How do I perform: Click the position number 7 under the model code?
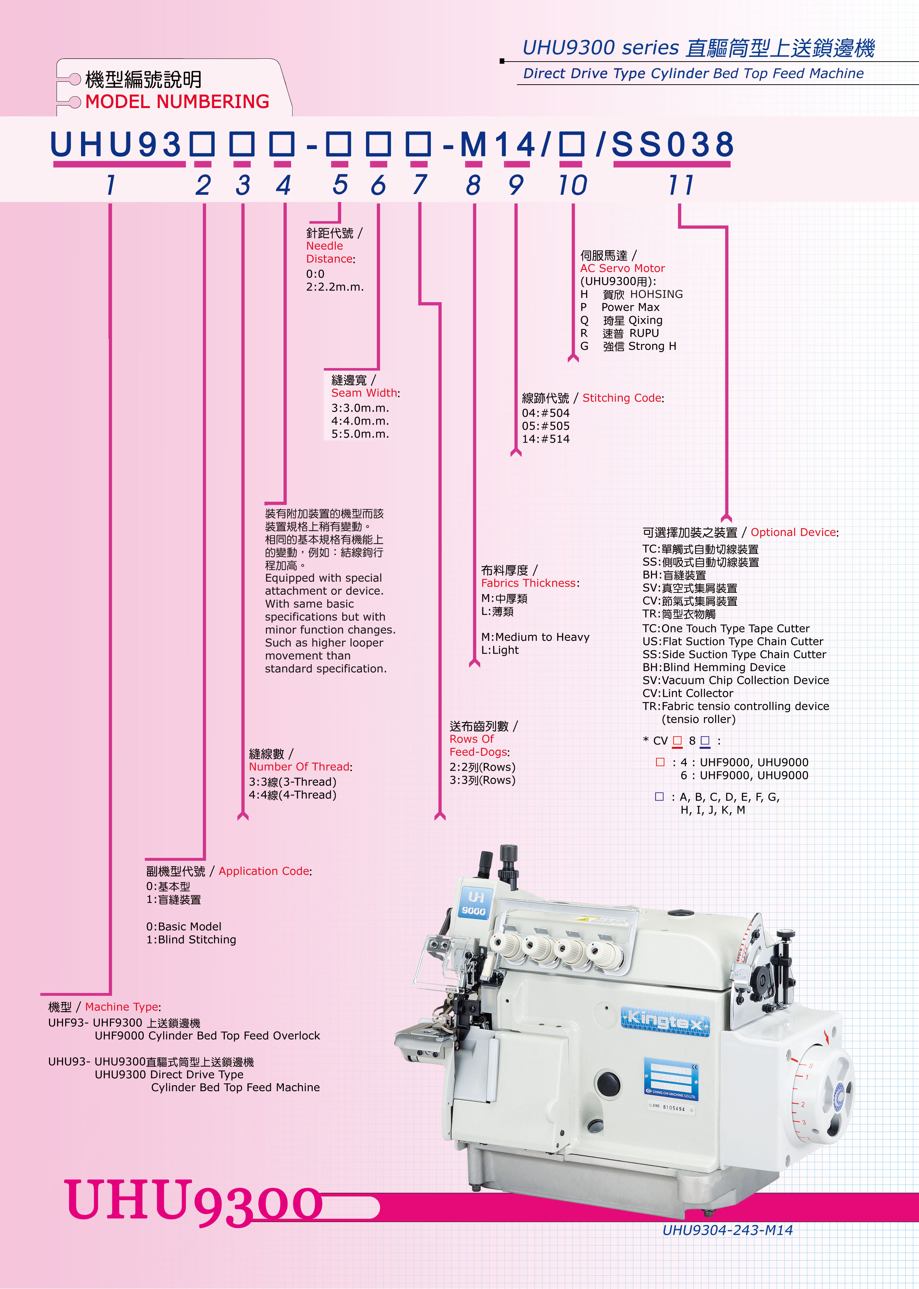(x=419, y=185)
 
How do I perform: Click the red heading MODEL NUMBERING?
(x=177, y=102)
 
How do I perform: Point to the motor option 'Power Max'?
(x=630, y=307)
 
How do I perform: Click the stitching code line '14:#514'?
(x=545, y=439)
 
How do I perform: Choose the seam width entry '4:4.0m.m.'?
(x=360, y=421)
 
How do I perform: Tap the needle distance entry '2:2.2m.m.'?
(x=334, y=287)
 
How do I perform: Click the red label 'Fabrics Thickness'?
(x=528, y=583)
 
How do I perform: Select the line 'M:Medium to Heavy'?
(x=535, y=637)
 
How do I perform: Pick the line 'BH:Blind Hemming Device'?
(x=714, y=667)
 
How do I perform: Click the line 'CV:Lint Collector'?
(x=688, y=693)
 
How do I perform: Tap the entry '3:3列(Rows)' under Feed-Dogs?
(x=482, y=780)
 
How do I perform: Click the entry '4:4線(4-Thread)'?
(x=293, y=795)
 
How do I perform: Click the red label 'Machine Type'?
(x=122, y=1007)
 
